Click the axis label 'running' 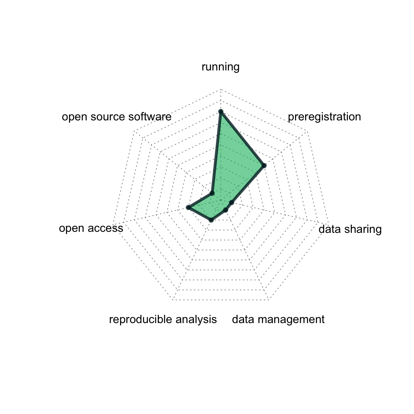pyautogui.click(x=220, y=67)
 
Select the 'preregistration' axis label pyautogui.click(x=324, y=117)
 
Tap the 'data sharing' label pyautogui.click(x=350, y=229)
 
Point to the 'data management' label pyautogui.click(x=278, y=319)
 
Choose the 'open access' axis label pyautogui.click(x=91, y=228)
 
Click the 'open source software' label pyautogui.click(x=116, y=117)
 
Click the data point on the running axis pyautogui.click(x=221, y=112)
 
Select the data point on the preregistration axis pyautogui.click(x=264, y=166)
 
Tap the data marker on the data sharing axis pyautogui.click(x=231, y=203)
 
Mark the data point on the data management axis pyautogui.click(x=225, y=210)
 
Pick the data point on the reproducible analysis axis pyautogui.click(x=211, y=220)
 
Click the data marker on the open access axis pyautogui.click(x=188, y=207)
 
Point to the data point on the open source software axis pyautogui.click(x=212, y=193)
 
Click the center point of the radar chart pyautogui.click(x=221, y=200)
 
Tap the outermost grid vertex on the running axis pyautogui.click(x=221, y=89)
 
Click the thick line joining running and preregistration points pyautogui.click(x=242, y=139)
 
